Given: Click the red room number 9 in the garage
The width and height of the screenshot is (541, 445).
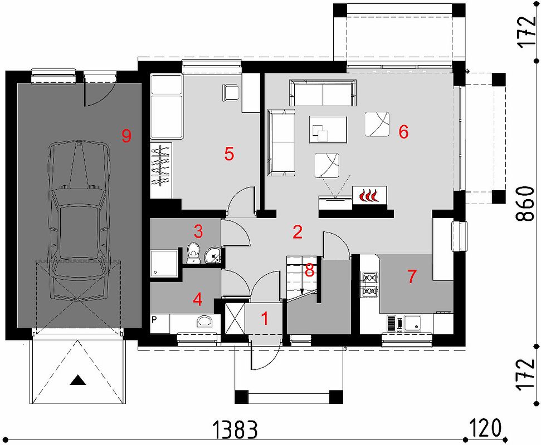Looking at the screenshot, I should click(126, 135).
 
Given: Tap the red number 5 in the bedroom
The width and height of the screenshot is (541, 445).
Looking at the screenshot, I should click(229, 154).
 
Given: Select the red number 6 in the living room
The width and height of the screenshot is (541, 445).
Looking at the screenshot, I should click(403, 132).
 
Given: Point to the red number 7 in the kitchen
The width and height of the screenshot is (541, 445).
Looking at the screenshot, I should click(412, 276).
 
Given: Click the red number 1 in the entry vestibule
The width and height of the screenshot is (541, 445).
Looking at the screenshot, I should click(265, 319).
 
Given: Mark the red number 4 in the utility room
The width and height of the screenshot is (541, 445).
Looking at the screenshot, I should click(197, 300).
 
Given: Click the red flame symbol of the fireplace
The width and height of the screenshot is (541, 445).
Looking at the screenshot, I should click(369, 196).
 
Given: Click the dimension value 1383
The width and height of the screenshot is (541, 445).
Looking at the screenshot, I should click(235, 429).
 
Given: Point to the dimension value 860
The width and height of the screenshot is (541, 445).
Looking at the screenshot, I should click(526, 205).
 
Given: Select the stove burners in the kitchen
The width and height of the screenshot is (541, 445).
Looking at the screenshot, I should click(369, 284).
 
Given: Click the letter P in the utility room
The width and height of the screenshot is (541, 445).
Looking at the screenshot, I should click(154, 320).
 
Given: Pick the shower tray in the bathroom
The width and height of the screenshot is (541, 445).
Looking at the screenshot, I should click(164, 263).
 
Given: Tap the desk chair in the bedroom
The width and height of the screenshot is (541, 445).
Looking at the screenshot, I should click(230, 92).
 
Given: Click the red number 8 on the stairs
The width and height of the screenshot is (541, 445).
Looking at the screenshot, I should click(309, 270).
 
